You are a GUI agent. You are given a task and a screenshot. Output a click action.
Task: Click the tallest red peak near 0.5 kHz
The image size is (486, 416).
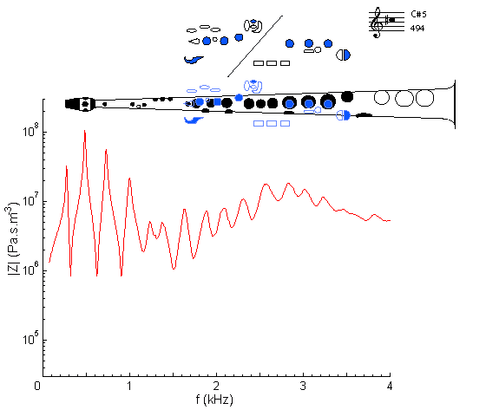click(x=85, y=131)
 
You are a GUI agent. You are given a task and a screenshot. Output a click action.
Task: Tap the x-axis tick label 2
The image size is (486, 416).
click(x=216, y=386)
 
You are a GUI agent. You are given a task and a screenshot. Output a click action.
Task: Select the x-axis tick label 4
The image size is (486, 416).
click(x=390, y=386)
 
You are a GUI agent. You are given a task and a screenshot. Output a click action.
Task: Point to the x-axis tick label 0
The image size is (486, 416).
click(x=37, y=386)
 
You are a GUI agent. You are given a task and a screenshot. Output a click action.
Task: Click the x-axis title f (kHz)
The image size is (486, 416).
click(x=214, y=400)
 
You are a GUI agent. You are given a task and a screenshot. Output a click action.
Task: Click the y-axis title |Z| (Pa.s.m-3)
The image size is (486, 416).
click(x=13, y=238)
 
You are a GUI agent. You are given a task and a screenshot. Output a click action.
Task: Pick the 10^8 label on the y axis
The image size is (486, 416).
click(x=31, y=130)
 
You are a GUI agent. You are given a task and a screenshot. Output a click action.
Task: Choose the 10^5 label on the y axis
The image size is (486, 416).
click(x=31, y=338)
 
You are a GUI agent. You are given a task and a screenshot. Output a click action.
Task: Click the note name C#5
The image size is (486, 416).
click(x=418, y=14)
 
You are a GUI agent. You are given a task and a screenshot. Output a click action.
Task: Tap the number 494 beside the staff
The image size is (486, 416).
click(x=417, y=28)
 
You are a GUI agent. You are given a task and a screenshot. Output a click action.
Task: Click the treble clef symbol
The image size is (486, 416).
click(x=377, y=23)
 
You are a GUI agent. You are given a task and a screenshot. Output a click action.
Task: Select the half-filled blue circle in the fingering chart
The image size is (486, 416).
click(x=344, y=55)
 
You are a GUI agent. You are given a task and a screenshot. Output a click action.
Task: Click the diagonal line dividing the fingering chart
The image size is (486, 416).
click(x=255, y=46)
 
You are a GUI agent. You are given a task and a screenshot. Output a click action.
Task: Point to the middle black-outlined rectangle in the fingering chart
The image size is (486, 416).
click(x=272, y=63)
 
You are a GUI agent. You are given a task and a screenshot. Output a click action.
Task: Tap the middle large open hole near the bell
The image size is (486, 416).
click(x=404, y=98)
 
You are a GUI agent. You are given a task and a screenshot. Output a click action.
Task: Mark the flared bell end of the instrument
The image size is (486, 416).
click(x=453, y=104)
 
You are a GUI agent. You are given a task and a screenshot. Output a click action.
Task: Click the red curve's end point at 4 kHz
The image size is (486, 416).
click(x=390, y=221)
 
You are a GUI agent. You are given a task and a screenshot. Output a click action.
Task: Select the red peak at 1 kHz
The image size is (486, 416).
click(x=129, y=179)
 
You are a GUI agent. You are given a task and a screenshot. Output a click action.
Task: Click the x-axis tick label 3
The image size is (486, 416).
click(x=303, y=386)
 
